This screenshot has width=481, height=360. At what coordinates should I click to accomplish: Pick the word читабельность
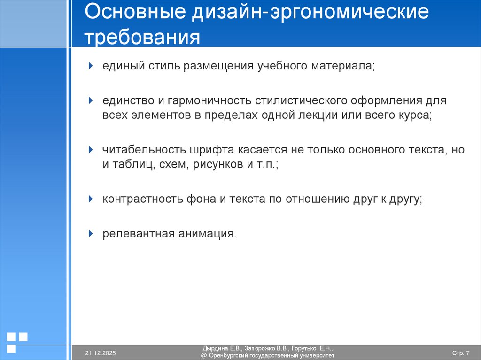(x=144, y=150)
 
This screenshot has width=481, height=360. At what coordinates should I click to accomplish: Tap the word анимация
(x=207, y=233)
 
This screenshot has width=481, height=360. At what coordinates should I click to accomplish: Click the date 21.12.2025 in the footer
(x=101, y=353)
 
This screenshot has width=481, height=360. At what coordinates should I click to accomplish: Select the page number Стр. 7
(x=460, y=353)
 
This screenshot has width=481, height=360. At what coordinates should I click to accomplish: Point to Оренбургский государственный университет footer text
(x=271, y=356)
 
